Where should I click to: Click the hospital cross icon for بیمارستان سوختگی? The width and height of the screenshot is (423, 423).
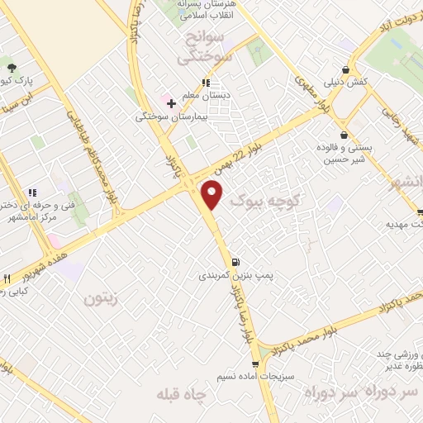pos(171,103)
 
